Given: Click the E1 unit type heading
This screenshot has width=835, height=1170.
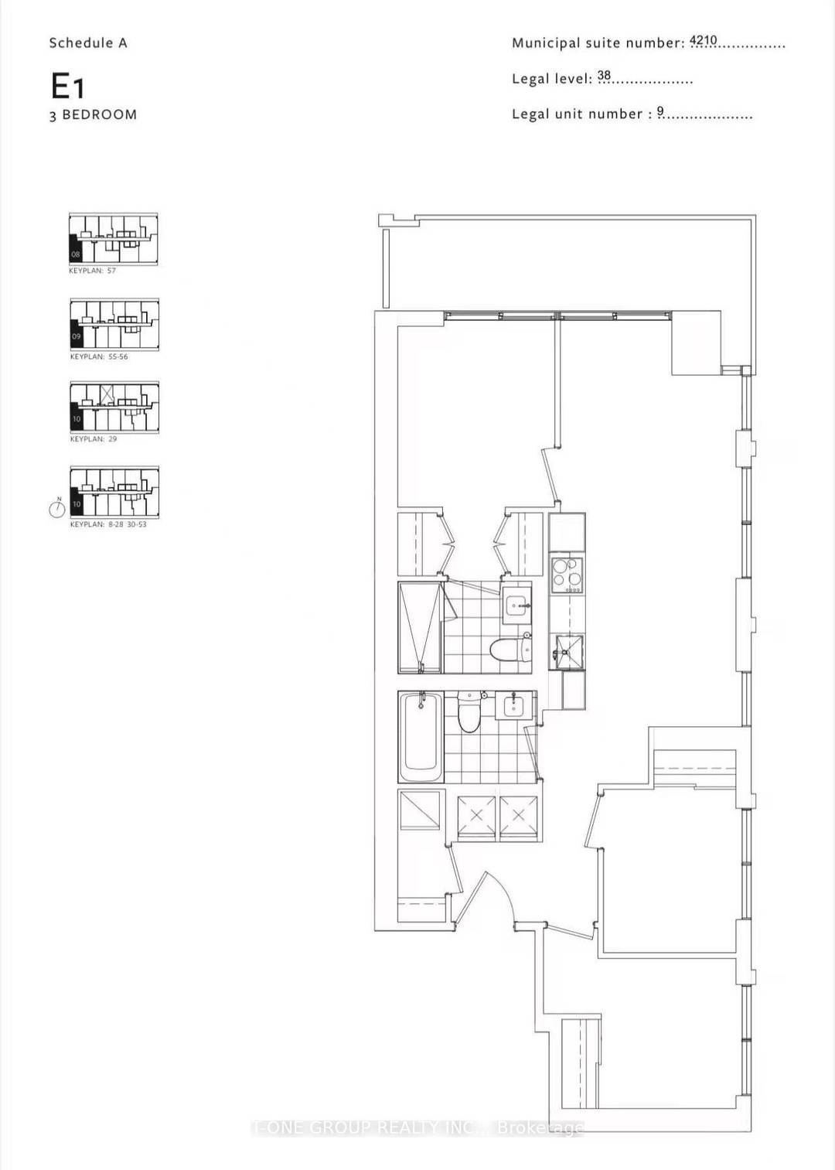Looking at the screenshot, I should pyautogui.click(x=67, y=86).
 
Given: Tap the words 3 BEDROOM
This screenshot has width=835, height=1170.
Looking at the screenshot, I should pyautogui.click(x=94, y=114).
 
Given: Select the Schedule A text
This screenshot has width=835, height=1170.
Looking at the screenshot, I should pyautogui.click(x=87, y=43).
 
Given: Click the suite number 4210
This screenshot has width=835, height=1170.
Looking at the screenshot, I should pyautogui.click(x=704, y=40).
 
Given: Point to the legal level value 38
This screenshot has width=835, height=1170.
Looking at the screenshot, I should pyautogui.click(x=604, y=76).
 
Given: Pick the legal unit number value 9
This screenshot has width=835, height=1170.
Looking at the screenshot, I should pyautogui.click(x=661, y=112).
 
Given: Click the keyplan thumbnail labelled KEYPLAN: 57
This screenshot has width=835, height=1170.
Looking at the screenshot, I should pyautogui.click(x=114, y=239).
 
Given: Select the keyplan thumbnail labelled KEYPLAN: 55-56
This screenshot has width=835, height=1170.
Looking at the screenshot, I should pyautogui.click(x=114, y=325).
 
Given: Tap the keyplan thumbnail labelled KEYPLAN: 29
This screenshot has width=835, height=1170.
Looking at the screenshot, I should pyautogui.click(x=114, y=407).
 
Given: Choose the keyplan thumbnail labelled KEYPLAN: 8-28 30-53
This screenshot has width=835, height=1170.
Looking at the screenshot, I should pyautogui.click(x=114, y=492).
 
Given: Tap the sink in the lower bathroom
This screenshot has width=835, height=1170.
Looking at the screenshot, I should pyautogui.click(x=513, y=704).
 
